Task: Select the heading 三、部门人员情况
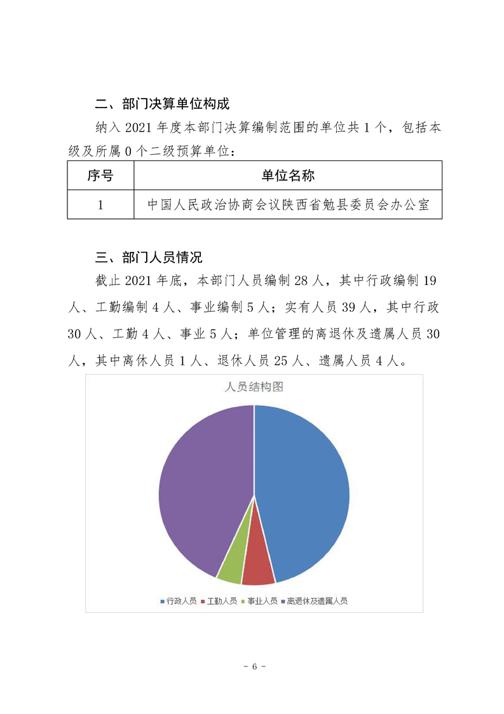pos(148,257)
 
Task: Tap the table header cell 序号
pos(100,175)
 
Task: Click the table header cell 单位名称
pos(288,175)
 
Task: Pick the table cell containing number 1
pos(100,205)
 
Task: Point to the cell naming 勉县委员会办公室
pos(288,205)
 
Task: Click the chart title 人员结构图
pos(254,387)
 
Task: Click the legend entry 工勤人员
pos(219,601)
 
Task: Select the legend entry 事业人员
pos(260,601)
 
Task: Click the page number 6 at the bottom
pos(254,666)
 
